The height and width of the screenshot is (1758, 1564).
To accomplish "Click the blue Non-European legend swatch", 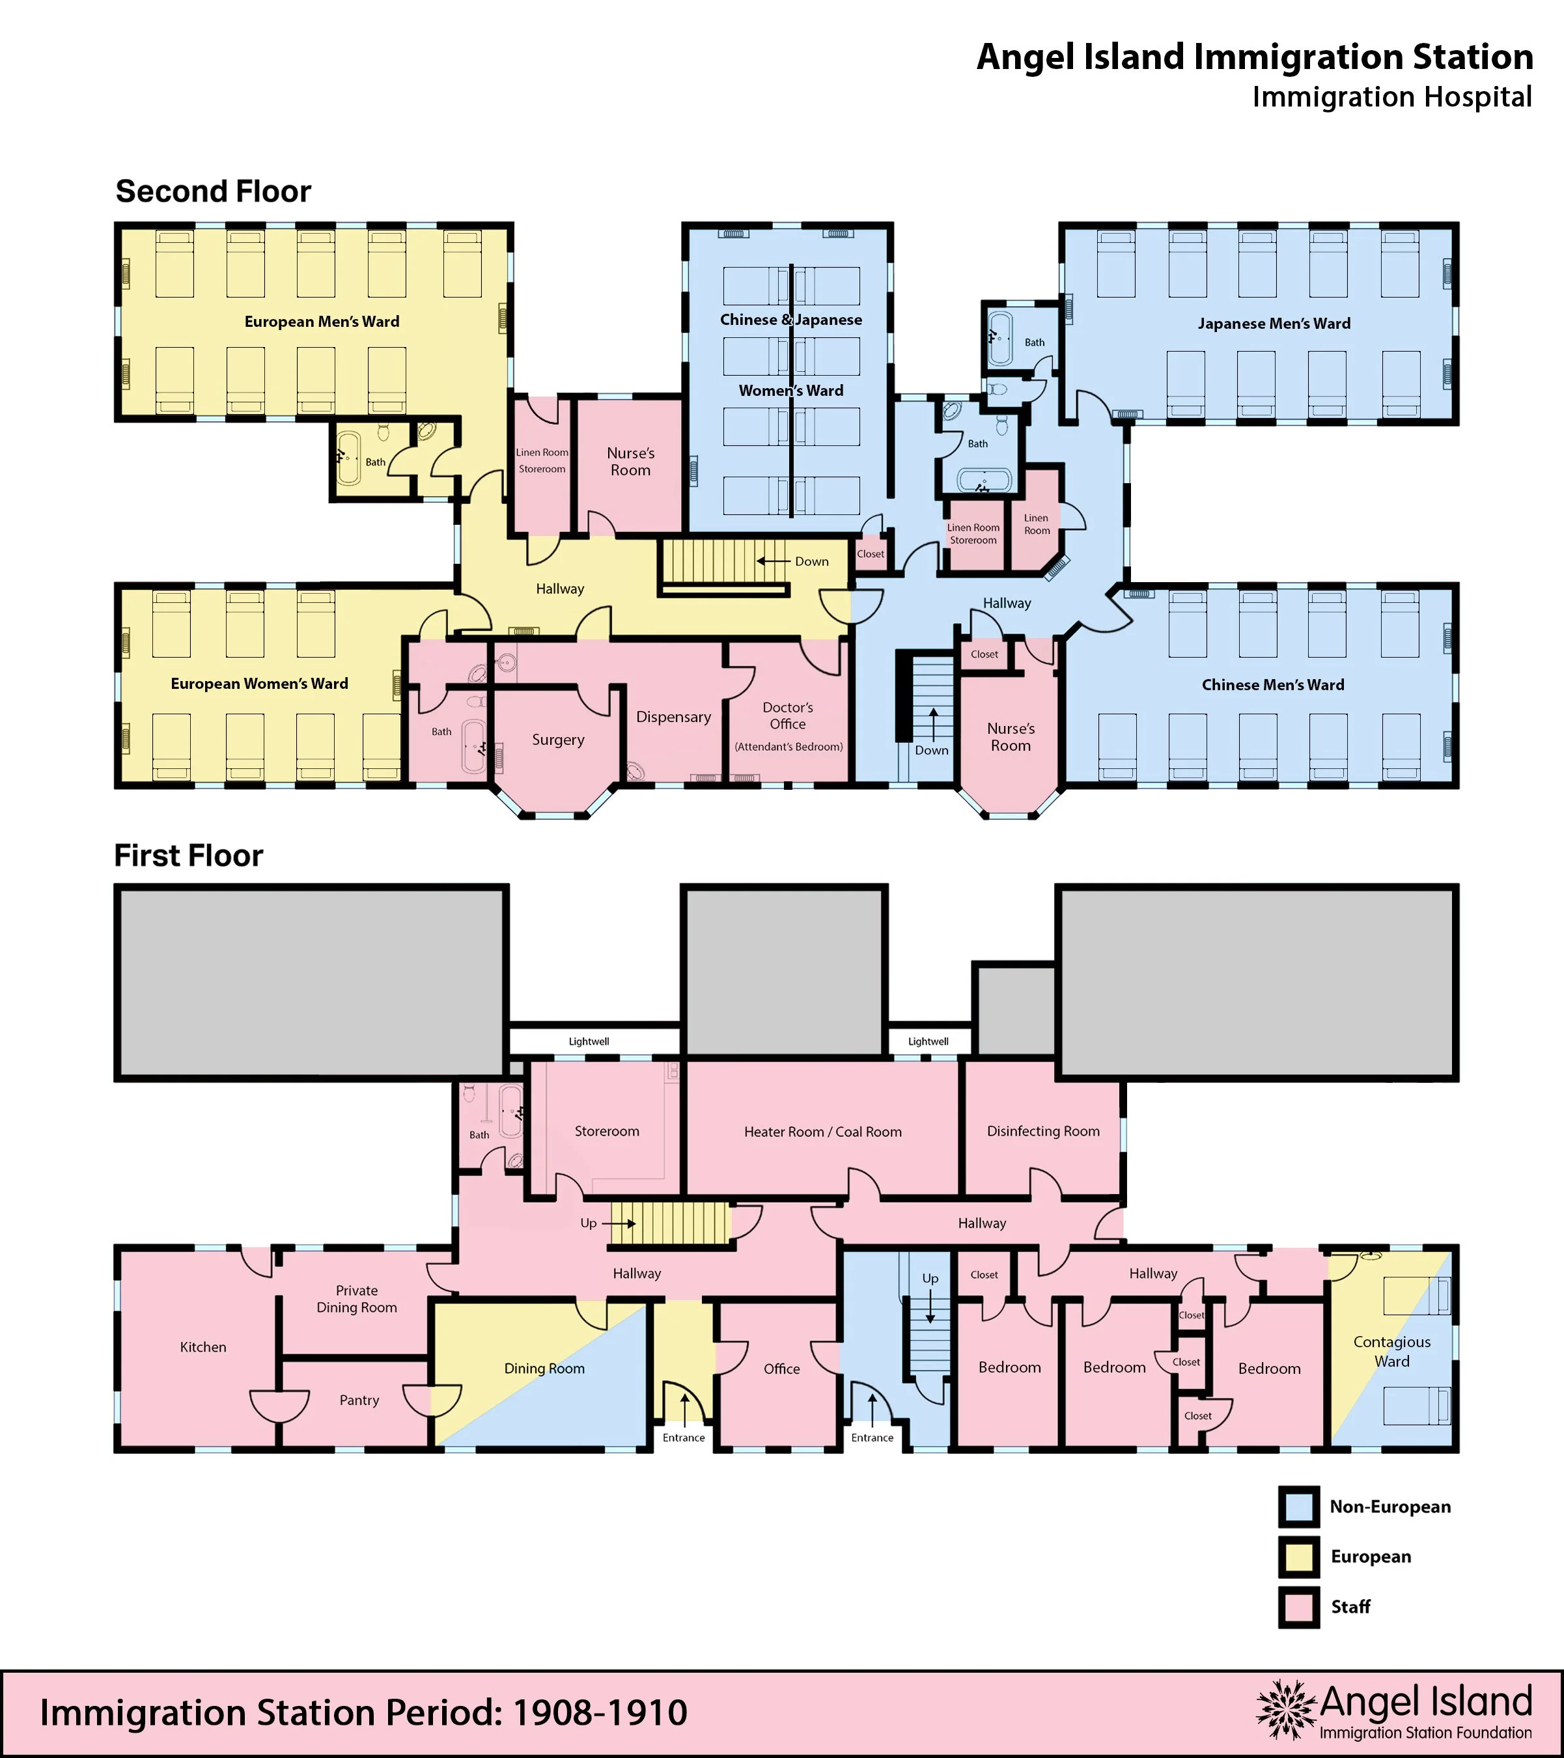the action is (x=1298, y=1506).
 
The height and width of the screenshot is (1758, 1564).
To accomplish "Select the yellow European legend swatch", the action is (x=1298, y=1556).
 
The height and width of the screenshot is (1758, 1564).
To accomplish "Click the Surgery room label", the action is (x=557, y=740).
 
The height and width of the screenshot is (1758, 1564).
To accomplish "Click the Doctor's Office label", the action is (x=788, y=716).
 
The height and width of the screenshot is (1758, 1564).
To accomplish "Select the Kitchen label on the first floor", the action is (x=203, y=1347).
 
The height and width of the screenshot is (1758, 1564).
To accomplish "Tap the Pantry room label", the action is (x=359, y=1400).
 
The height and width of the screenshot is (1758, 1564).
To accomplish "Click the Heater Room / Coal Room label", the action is (x=823, y=1132).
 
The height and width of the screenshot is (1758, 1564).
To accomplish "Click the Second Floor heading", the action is (x=214, y=191).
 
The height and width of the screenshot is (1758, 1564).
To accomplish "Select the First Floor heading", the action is (x=188, y=856).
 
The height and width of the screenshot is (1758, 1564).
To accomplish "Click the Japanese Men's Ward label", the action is (x=1274, y=324).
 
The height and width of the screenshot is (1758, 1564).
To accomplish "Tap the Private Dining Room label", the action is (x=357, y=1299).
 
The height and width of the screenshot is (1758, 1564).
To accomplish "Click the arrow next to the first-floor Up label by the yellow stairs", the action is (x=619, y=1223).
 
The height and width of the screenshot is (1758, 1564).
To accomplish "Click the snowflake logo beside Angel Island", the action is (x=1286, y=1710).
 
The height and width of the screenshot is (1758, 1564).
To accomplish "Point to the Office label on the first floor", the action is (x=782, y=1369).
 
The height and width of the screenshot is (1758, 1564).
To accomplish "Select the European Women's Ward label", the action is (x=259, y=684).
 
